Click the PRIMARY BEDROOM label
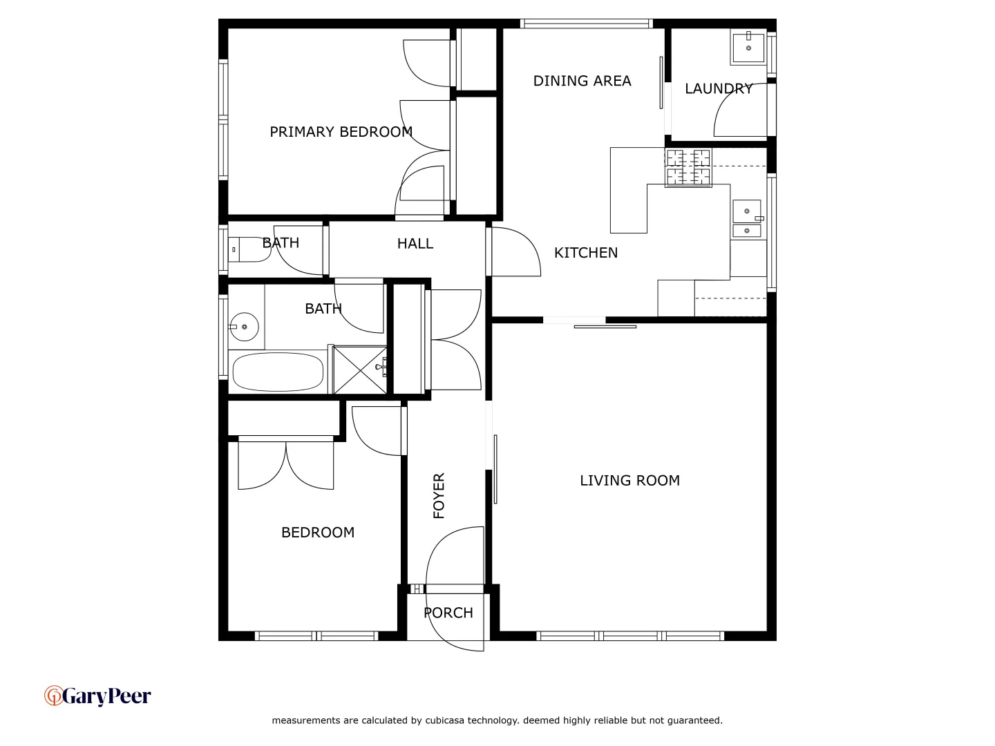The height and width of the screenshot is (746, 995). pos(341,132)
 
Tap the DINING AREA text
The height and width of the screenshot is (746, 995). pos(582,81)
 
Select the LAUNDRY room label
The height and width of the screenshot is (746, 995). pos(719,88)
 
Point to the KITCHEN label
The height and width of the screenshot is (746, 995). pos(586,253)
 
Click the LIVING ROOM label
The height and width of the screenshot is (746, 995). pos(629,481)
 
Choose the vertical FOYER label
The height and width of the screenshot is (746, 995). pos(439,495)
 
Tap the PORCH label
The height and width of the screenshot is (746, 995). pos(448,613)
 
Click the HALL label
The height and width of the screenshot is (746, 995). pos(415,244)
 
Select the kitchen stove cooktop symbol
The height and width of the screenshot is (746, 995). pos(688,168)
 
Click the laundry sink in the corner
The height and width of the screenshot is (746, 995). pos(748,47)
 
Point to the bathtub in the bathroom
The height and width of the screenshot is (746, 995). pos(278,372)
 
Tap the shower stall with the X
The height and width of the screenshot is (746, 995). pos(360,370)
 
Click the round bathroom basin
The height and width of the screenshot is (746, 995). pos(244,327)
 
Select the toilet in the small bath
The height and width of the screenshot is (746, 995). pos(247,249)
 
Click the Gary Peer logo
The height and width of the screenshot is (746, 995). pos(97,696)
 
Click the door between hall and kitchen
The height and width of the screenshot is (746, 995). pos(515,252)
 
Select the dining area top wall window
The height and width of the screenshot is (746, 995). pos(586,24)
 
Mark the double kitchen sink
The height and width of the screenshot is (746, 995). pos(747,219)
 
